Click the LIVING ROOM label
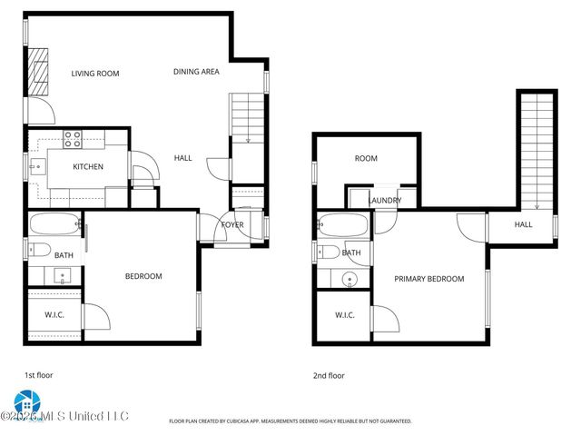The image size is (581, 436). [x=95, y=74]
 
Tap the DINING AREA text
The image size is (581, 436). [x=196, y=71]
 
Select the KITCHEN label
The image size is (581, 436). [x=88, y=166]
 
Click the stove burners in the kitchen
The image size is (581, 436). [x=73, y=139]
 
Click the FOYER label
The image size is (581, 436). [x=232, y=224]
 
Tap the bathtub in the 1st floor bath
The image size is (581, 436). [x=55, y=223]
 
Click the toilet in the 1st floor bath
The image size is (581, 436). [x=39, y=250]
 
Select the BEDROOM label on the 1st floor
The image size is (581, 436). [x=143, y=276]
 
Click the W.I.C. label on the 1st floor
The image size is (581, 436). [x=54, y=315]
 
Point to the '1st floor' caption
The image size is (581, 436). [x=37, y=374]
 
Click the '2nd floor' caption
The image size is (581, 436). [x=330, y=374]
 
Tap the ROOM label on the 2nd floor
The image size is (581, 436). [x=366, y=158]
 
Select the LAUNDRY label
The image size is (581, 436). [x=384, y=200]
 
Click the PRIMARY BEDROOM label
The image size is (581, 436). [x=428, y=279]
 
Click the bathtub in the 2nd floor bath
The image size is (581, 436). [x=343, y=224]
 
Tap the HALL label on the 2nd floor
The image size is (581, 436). [x=524, y=224]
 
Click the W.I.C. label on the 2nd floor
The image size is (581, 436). [x=344, y=315]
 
